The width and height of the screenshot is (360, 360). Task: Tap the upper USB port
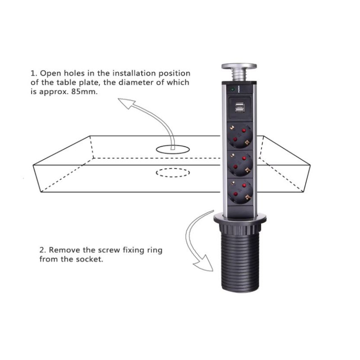pyautogui.click(x=239, y=105)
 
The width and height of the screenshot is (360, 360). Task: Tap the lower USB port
pyautogui.click(x=239, y=111)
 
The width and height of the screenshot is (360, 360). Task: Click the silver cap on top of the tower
pyautogui.click(x=239, y=66)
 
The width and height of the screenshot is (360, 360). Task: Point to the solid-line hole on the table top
pyautogui.click(x=173, y=149)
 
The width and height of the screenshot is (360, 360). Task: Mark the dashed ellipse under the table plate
pyautogui.click(x=173, y=173)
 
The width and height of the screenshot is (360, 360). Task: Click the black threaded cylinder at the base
pyautogui.click(x=240, y=262)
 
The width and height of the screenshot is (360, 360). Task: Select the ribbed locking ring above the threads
pyautogui.click(x=240, y=228)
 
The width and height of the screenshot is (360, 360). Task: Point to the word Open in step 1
pyautogui.click(x=51, y=74)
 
